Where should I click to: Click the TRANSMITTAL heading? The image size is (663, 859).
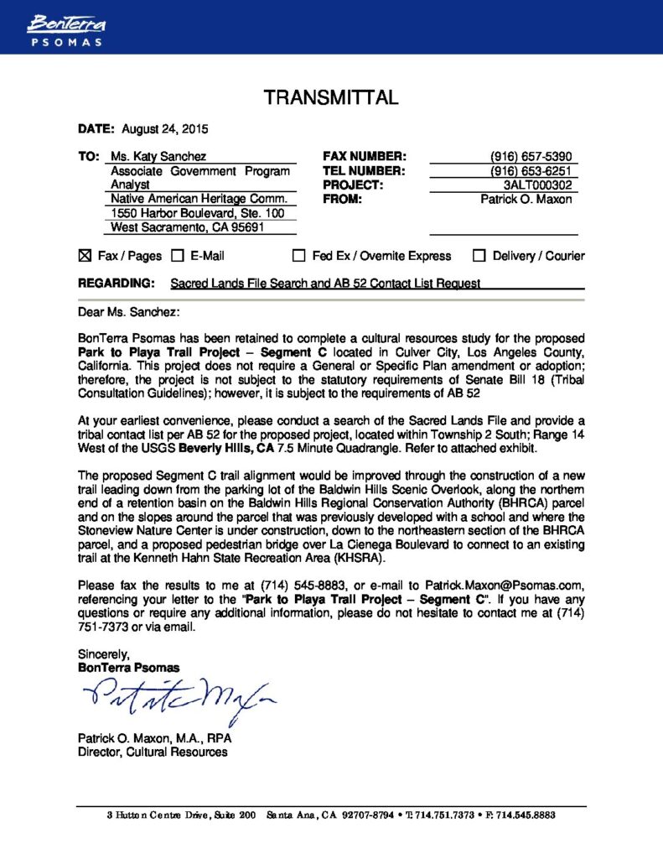[331, 98]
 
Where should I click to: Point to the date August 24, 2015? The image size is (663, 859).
[165, 129]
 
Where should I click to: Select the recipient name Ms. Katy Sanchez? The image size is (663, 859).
[158, 156]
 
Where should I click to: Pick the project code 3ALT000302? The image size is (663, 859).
[537, 185]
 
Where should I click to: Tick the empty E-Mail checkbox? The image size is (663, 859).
[178, 256]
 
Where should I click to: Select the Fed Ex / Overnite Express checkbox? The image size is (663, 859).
[298, 256]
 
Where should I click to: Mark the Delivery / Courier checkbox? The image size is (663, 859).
[479, 256]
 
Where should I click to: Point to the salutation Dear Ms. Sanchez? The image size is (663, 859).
[128, 312]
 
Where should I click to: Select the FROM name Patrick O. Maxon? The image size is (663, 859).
[526, 200]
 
